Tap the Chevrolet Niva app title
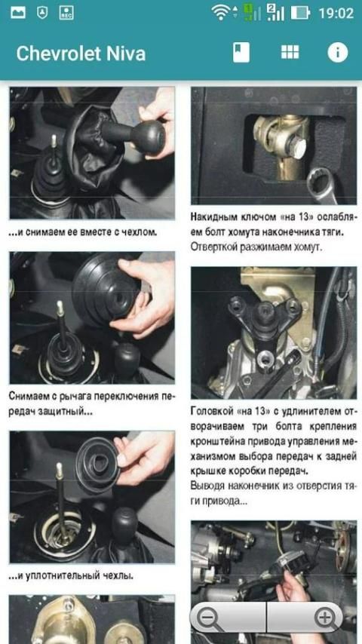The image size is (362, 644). (81, 54)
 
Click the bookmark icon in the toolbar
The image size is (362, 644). (241, 53)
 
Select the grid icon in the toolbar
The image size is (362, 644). (290, 52)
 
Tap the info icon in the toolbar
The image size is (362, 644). (338, 53)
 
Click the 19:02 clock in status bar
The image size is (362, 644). (336, 13)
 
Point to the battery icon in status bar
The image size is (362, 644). (301, 13)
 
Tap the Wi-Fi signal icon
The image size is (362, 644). (221, 13)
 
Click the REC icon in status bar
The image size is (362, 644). (66, 13)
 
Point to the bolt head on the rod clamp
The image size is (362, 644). (296, 148)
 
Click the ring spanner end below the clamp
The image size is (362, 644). (322, 184)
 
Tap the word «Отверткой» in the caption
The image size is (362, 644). (213, 247)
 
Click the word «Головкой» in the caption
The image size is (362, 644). (211, 412)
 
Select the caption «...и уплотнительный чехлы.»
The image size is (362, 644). (71, 576)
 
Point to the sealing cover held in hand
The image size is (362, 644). (99, 464)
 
